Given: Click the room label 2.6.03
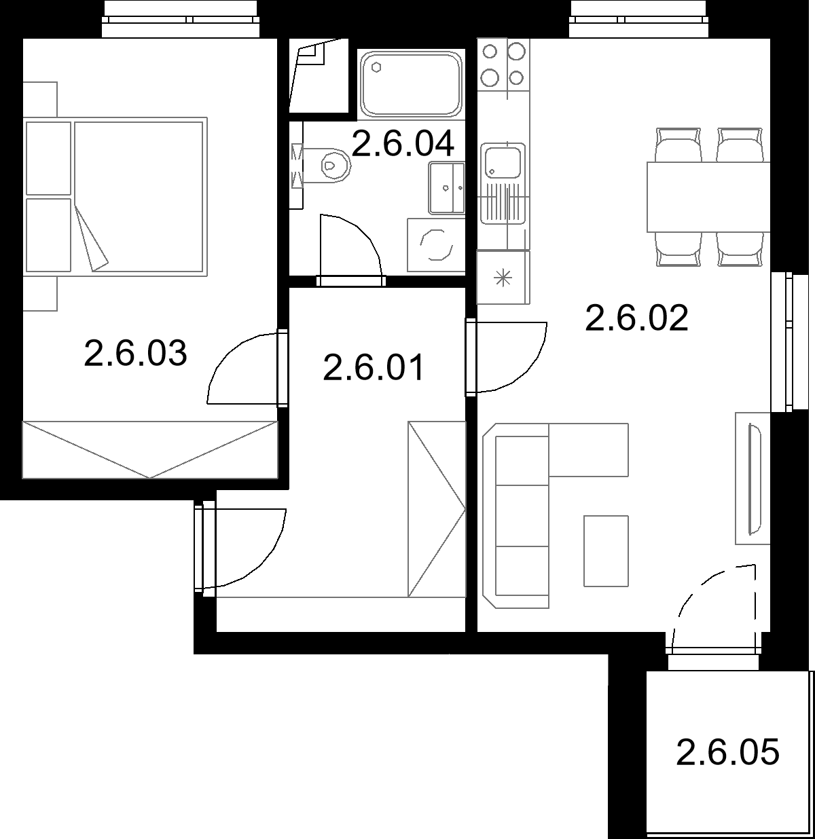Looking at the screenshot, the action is pyautogui.click(x=135, y=353).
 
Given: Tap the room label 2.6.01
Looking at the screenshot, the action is pyautogui.click(x=374, y=367).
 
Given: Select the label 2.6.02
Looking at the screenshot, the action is pyautogui.click(x=636, y=318).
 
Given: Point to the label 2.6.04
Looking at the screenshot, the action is pyautogui.click(x=403, y=143).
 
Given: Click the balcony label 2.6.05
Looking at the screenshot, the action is pyautogui.click(x=728, y=752).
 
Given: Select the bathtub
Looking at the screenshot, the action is pyautogui.click(x=411, y=84).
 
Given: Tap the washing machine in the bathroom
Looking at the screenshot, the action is pyautogui.click(x=436, y=245).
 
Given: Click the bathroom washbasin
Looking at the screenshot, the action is pyautogui.click(x=446, y=188).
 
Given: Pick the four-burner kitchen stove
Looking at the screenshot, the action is pyautogui.click(x=503, y=64).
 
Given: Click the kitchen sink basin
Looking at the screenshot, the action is pyautogui.click(x=503, y=162).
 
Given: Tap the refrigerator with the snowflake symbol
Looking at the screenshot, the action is pyautogui.click(x=503, y=278).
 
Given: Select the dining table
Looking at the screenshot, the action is pyautogui.click(x=708, y=197).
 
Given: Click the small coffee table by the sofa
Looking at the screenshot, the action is pyautogui.click(x=606, y=551).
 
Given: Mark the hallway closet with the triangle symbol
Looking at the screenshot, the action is pyautogui.click(x=437, y=509).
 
